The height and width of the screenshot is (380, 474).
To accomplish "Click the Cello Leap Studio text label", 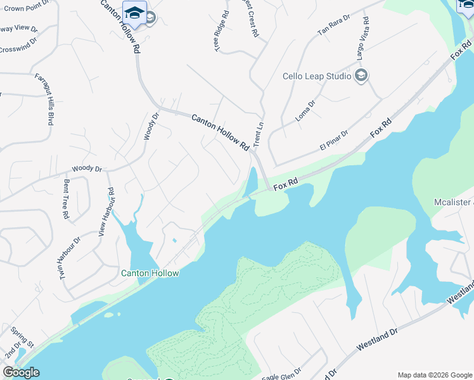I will pyautogui.click(x=317, y=76).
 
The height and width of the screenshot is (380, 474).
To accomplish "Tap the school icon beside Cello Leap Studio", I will pyautogui.click(x=362, y=76).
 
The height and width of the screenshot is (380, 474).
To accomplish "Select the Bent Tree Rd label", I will pyautogui.click(x=66, y=199).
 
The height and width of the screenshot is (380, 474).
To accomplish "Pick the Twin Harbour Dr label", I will pyautogui.click(x=71, y=259).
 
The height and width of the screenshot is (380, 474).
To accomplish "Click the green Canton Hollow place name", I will pyautogui.click(x=150, y=273).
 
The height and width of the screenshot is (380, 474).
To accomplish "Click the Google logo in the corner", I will pyautogui.click(x=21, y=372).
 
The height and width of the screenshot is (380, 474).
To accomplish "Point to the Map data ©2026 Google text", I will pyautogui.click(x=435, y=375).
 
